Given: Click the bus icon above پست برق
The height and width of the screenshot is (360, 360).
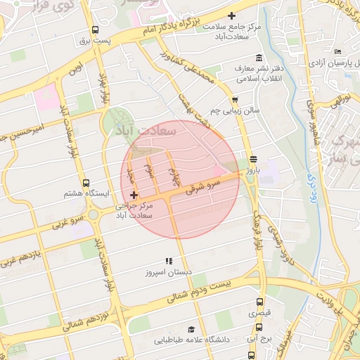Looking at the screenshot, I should [95, 30].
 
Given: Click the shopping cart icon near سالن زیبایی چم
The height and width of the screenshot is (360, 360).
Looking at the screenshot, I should [234, 100].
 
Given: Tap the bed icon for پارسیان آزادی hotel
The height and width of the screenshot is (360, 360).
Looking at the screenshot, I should [338, 51].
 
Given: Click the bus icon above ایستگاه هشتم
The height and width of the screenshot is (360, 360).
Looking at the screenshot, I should [86, 182].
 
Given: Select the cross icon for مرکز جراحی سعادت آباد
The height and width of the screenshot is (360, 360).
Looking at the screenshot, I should [134, 193].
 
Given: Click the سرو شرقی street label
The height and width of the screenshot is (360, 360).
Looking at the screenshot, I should [204, 184].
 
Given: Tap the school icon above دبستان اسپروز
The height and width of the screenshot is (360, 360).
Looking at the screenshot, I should [168, 260].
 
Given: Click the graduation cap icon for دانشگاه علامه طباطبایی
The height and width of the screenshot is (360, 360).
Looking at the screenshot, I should [191, 329].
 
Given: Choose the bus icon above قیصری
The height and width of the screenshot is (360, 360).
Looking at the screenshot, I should [260, 301].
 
